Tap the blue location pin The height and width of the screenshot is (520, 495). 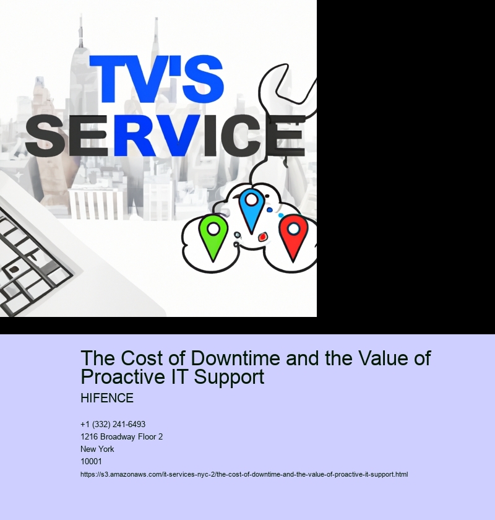252,210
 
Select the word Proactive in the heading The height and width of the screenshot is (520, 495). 124,377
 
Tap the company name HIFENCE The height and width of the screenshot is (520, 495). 107,398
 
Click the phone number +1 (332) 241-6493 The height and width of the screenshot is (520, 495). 113,424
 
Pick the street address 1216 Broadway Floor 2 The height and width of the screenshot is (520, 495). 122,437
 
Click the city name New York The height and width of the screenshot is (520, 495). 97,449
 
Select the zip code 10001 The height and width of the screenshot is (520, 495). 91,461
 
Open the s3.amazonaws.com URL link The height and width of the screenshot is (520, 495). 244,474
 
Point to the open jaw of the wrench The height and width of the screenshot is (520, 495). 288,87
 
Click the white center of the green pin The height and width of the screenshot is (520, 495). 213,228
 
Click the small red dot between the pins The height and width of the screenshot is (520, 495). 262,236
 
